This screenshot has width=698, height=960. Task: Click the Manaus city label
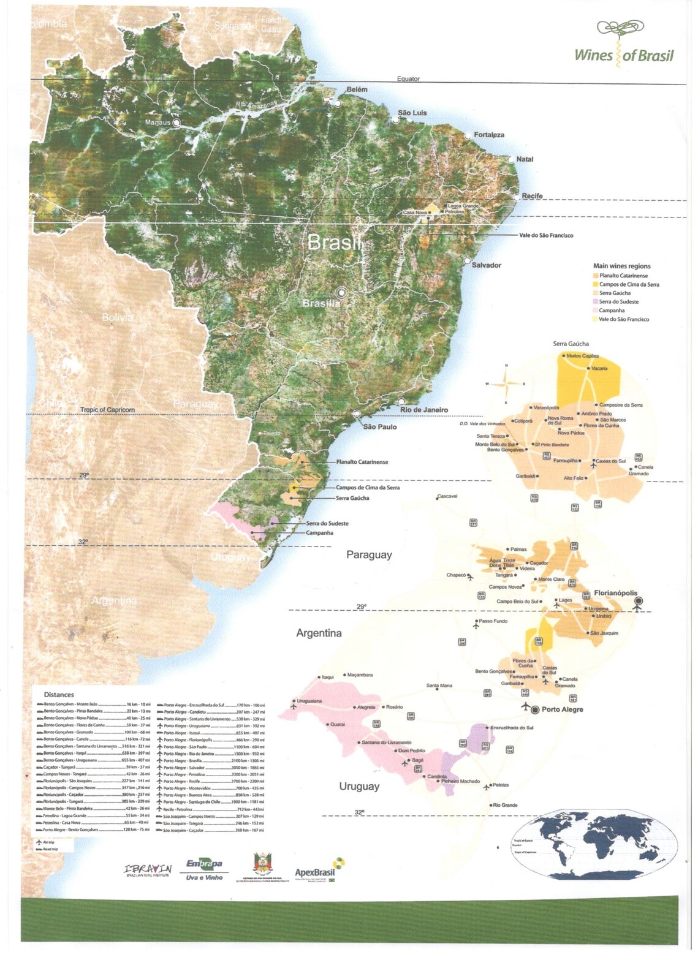click(x=159, y=123)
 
